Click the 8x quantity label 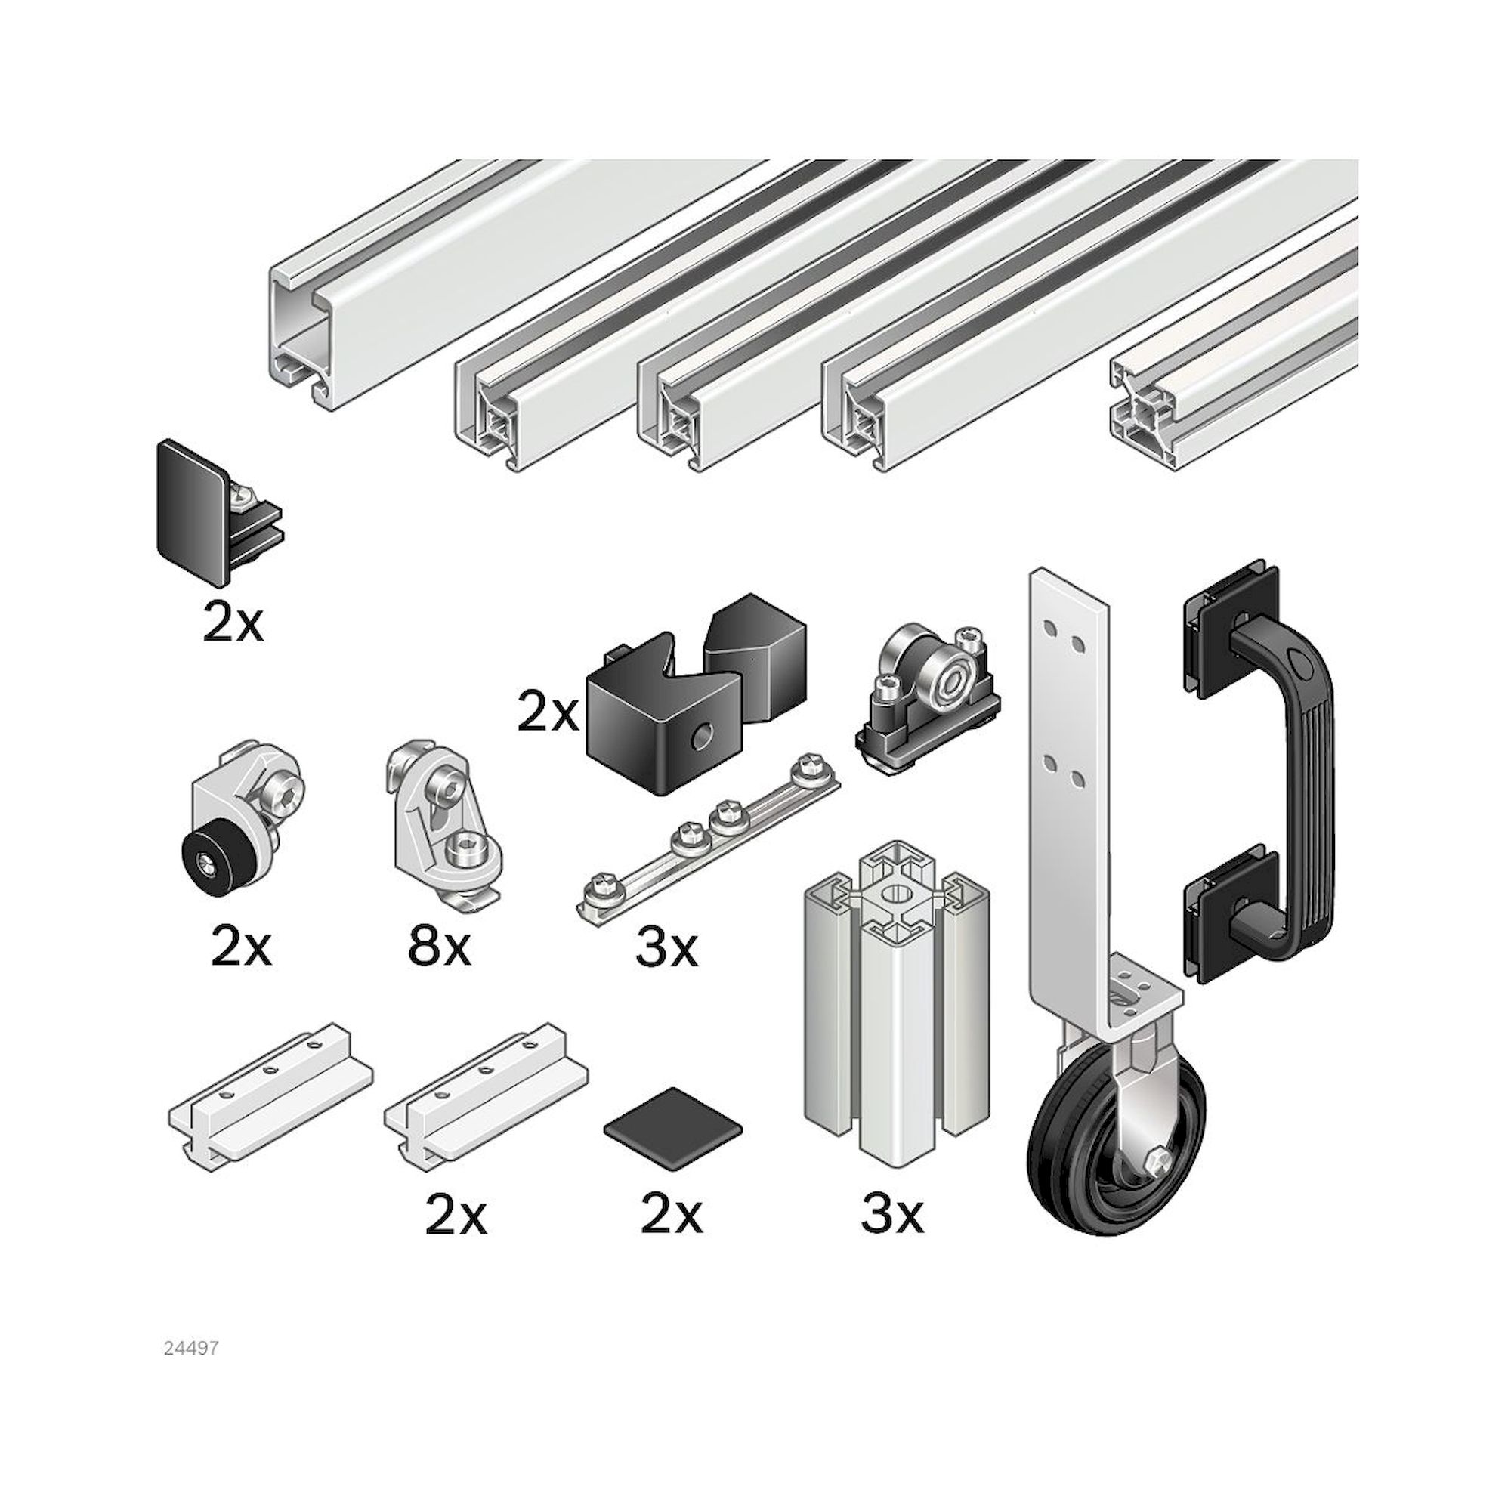440,947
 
